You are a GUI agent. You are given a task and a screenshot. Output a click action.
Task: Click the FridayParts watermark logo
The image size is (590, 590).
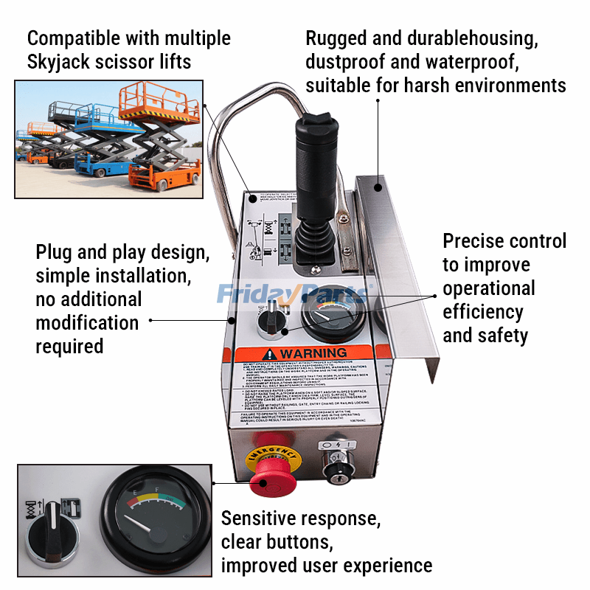coord(291,294)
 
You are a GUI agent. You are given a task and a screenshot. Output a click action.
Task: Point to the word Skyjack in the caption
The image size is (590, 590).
coord(60,62)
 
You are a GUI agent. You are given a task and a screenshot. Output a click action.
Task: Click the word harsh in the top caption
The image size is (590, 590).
coord(423,86)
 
